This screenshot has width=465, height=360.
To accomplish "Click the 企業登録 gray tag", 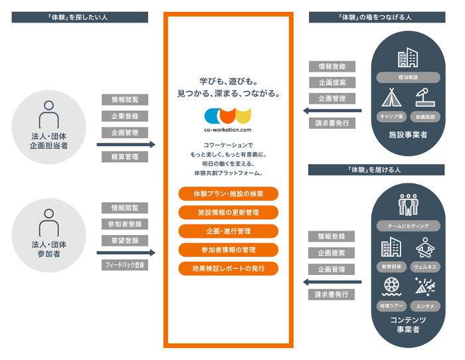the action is tap(125, 116).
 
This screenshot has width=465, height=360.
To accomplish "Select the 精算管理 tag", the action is tap(125, 157).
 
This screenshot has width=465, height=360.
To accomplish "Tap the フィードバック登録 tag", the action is tap(125, 265).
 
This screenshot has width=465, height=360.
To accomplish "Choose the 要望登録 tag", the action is tap(125, 240).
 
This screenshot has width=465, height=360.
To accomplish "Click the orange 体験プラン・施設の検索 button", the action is tap(228, 194).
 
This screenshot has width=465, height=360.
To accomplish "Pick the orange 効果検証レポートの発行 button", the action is tap(228, 269).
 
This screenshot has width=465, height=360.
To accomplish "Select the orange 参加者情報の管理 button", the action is tap(228, 250).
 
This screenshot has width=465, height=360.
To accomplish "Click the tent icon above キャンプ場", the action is tap(392, 99).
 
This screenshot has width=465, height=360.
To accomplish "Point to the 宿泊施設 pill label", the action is tap(408, 77).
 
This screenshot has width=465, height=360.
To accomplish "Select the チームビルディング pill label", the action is tap(408, 226).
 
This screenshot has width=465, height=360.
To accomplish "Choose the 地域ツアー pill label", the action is tap(391, 306).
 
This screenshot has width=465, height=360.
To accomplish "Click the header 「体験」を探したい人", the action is tap(78, 18).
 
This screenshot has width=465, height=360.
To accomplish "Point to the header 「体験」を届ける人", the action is tap(376, 170).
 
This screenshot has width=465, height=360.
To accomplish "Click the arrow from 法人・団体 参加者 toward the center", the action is tap(126, 253).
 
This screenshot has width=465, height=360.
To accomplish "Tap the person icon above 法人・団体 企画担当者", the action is tap(48, 115).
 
